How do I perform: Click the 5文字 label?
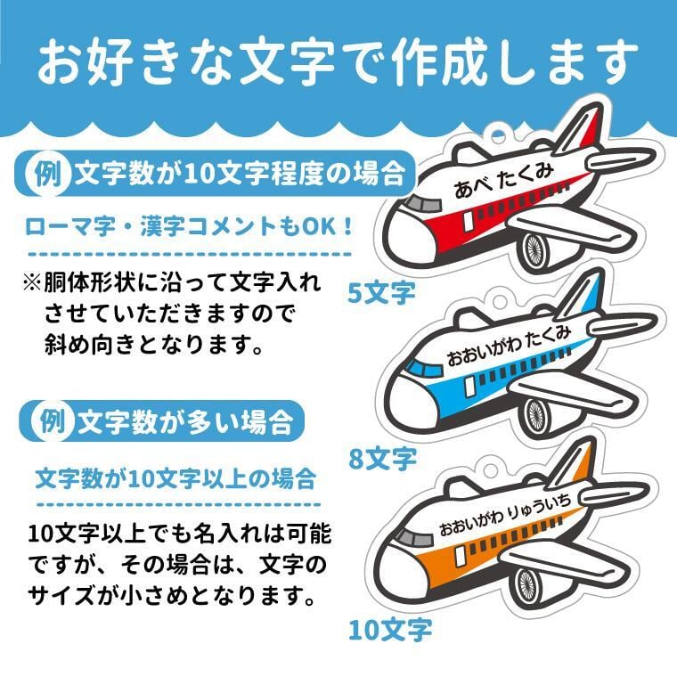coord(380,291)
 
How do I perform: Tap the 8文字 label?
coord(382,459)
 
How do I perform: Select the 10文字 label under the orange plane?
coord(389,630)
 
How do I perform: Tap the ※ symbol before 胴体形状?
coord(31,282)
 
